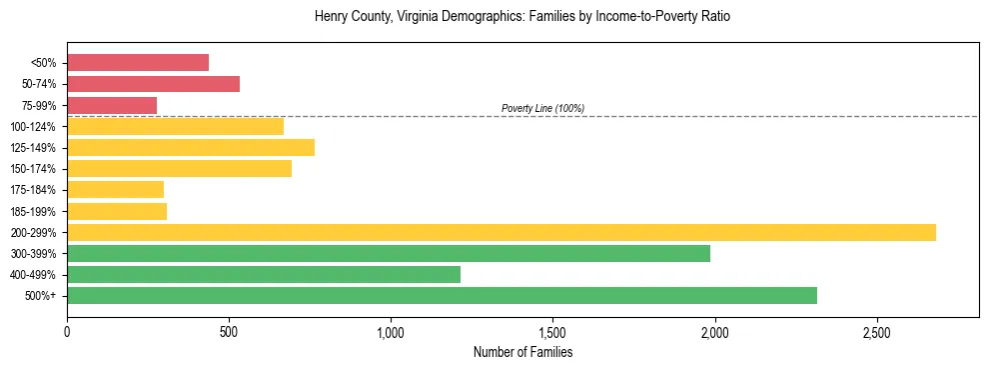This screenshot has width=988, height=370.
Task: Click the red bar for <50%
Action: tap(138, 62)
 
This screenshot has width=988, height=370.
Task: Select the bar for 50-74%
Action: tap(153, 84)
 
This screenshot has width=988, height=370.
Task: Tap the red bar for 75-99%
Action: tap(112, 105)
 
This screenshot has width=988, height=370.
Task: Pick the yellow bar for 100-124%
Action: tap(175, 126)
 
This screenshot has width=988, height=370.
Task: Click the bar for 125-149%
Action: tap(191, 147)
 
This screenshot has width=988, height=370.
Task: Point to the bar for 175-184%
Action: tap(115, 190)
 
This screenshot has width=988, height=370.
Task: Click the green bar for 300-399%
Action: tap(389, 253)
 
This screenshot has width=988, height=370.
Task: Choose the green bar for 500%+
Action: tap(442, 295)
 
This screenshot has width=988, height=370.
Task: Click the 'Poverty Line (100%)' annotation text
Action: tap(542, 108)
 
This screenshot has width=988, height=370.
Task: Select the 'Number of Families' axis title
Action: tap(522, 352)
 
